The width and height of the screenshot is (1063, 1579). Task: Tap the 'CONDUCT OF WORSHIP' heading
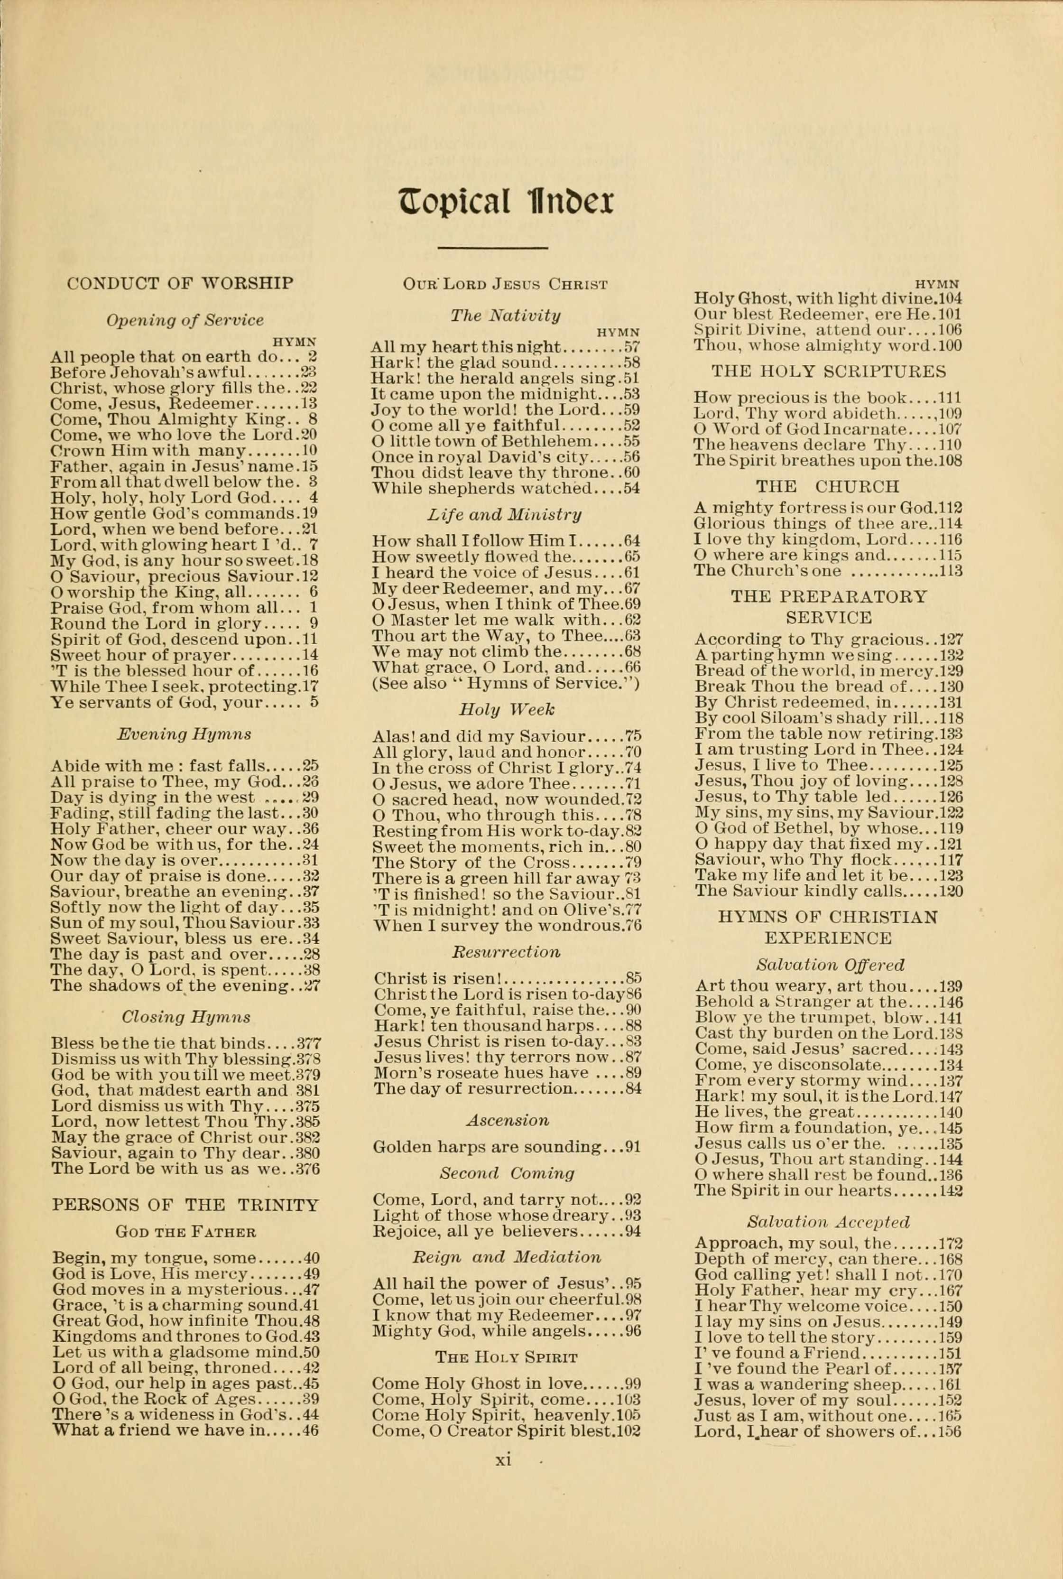[x=180, y=283]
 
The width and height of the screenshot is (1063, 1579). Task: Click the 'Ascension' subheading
[x=507, y=1120]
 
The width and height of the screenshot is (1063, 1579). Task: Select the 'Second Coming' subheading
[x=507, y=1173]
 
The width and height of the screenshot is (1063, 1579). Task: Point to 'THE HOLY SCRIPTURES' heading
[x=828, y=372]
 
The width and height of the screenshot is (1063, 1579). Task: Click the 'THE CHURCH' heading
[x=828, y=486]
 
